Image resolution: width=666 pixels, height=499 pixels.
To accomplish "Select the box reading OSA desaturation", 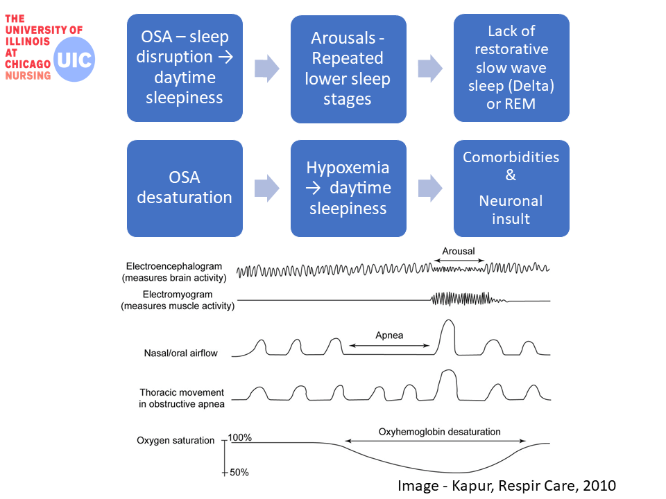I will pos(185,188).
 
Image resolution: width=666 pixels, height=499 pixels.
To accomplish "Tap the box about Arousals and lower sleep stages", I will pos(348,69).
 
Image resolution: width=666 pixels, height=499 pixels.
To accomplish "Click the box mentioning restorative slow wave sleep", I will pos(511,67).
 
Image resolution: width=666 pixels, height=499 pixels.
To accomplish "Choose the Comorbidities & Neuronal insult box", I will pos(511,188).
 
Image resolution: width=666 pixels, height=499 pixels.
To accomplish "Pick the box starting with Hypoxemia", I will pos(348,188).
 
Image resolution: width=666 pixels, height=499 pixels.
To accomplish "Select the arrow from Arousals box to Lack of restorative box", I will pos(429,69).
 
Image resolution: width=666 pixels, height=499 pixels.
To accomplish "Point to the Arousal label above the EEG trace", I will pos(459,251).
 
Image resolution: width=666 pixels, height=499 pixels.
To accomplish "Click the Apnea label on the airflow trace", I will pos(389,335).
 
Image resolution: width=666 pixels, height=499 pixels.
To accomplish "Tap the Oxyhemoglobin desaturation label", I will pos(439,432).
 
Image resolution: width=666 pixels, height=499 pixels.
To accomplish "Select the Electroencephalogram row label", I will pos(176,272).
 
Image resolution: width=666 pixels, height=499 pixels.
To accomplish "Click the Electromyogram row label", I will pos(178,300).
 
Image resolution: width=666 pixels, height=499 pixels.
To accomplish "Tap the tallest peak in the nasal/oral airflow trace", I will pos(448,323).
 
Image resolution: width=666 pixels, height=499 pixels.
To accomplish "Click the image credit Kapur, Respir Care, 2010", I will pos(506,486).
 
